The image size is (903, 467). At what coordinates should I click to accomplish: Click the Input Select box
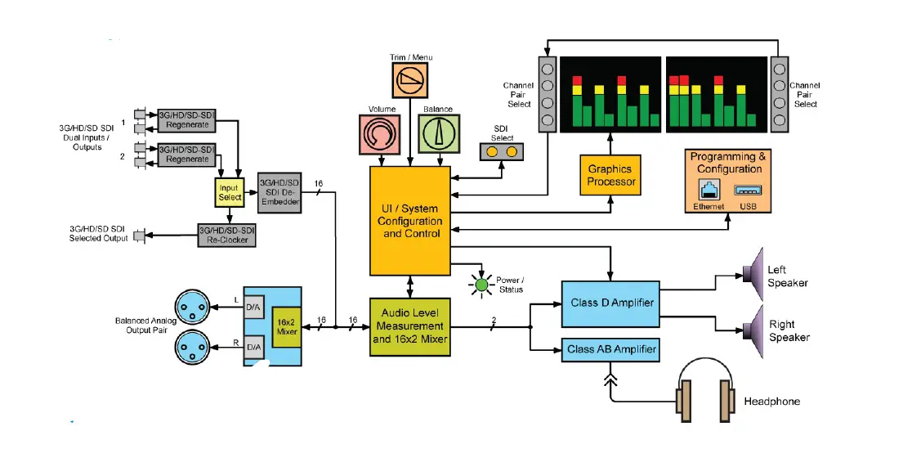point(230,192)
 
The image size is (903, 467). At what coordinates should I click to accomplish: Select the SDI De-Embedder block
point(279,192)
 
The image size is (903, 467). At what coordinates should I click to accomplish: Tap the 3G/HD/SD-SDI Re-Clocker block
point(227,236)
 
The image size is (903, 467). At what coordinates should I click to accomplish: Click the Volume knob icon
point(379,134)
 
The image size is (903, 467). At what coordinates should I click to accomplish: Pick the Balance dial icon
point(439,134)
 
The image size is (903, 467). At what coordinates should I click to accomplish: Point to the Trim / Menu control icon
point(410,80)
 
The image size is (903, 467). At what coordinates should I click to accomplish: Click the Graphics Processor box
point(610,175)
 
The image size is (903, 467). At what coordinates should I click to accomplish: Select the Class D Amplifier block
point(610,304)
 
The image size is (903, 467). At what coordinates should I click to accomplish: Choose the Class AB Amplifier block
point(610,350)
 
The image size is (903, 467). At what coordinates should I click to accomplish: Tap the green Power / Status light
point(481,285)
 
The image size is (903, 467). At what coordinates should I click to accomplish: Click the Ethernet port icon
point(708,190)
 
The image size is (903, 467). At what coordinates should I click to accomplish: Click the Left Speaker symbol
point(753,275)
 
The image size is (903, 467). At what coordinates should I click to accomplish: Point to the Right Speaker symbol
point(753,331)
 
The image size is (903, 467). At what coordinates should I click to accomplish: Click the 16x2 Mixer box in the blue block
point(287,327)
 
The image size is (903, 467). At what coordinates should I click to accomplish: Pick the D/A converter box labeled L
point(253,308)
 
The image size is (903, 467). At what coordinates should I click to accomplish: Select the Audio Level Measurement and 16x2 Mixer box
point(410,326)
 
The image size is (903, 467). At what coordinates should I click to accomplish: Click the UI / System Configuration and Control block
point(410,221)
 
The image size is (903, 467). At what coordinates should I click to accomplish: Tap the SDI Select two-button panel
point(502,151)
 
